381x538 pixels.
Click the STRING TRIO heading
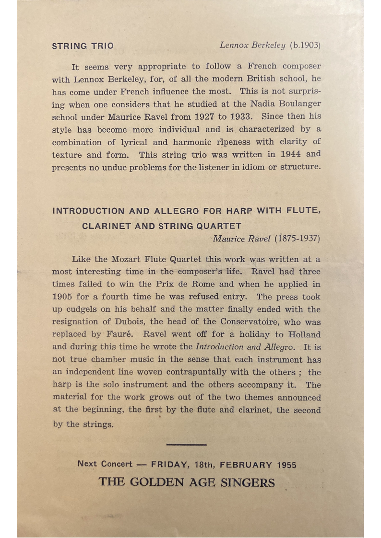(83, 46)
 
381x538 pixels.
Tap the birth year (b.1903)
(305, 46)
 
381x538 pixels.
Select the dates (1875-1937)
(297, 239)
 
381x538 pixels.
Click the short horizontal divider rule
(186, 445)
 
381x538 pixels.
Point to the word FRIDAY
(169, 465)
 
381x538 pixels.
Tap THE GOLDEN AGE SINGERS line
(187, 482)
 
